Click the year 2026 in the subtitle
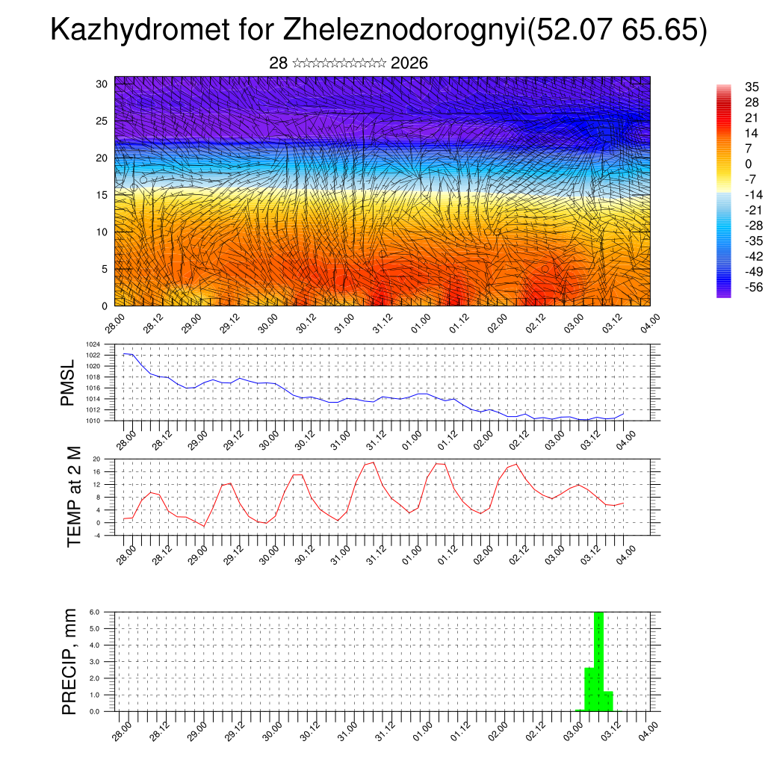[409, 64]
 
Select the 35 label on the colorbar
[752, 87]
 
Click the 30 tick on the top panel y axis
[102, 84]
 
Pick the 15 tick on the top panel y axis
[102, 195]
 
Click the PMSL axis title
[69, 382]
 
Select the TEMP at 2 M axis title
[73, 496]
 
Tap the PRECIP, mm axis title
[69, 661]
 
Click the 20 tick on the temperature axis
[96, 459]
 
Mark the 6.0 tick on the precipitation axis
[95, 612]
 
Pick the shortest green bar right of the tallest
[608, 701]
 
